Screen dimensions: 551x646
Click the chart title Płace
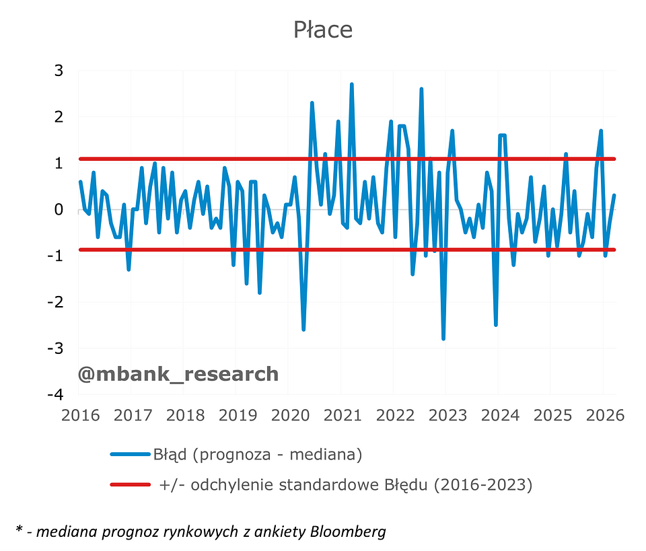click(x=323, y=30)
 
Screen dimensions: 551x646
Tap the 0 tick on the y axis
click(x=59, y=210)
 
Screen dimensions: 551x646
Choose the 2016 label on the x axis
click(x=81, y=415)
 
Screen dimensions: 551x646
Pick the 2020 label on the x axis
click(x=290, y=415)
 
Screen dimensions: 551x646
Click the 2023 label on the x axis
click(x=447, y=415)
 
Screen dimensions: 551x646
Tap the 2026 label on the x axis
click(x=604, y=415)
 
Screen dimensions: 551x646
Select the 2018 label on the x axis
click(x=185, y=415)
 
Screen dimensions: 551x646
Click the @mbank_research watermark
click(x=178, y=374)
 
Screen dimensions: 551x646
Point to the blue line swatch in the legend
click(x=130, y=455)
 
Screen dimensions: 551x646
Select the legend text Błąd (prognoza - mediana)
click(x=258, y=455)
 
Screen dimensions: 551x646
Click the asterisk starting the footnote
click(x=18, y=531)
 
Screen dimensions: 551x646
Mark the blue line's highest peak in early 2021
click(x=351, y=85)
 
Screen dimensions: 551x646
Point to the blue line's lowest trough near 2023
click(x=443, y=338)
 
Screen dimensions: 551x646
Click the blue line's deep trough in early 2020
click(x=303, y=329)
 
